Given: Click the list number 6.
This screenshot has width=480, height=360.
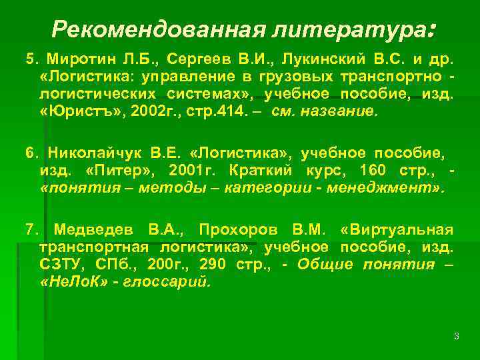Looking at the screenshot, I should pos(29,153).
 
